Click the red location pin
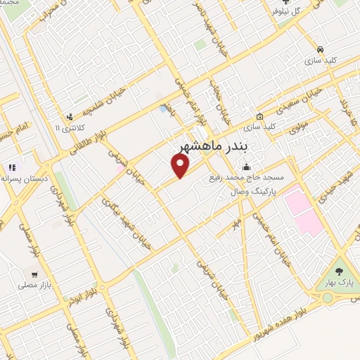181,165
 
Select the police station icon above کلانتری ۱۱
69,117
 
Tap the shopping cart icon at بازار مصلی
34,274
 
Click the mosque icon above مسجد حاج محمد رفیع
246,167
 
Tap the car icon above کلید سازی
321,50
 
